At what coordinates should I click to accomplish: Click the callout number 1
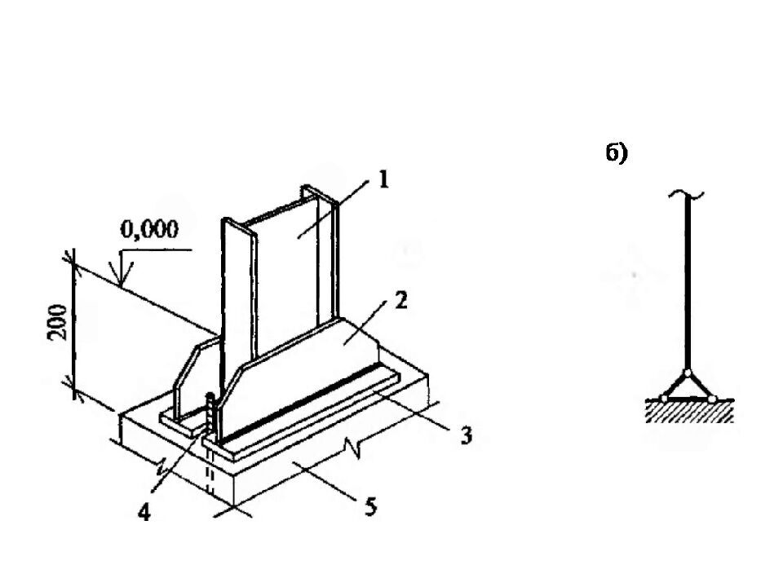click(383, 179)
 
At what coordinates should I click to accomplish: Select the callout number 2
click(401, 300)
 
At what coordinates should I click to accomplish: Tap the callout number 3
click(466, 435)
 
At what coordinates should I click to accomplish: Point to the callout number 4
click(144, 513)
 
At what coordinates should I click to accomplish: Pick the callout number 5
click(370, 507)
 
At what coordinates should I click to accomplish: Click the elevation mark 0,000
click(149, 229)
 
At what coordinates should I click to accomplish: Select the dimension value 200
click(58, 322)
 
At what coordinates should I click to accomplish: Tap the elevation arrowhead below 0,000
click(122, 272)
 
